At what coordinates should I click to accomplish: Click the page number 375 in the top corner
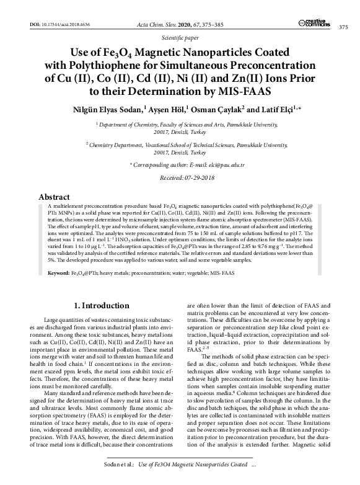click(x=342, y=27)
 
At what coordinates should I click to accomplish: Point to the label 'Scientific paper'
click(x=180, y=38)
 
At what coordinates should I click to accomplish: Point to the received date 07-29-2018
click(x=196, y=178)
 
